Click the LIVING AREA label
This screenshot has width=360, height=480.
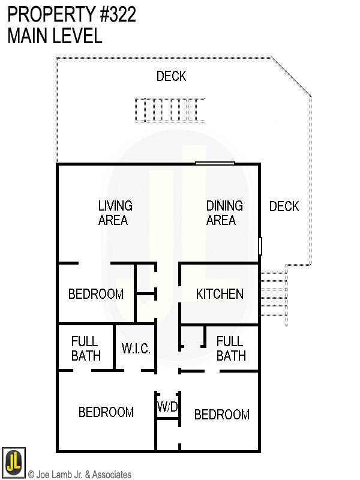[x=115, y=213]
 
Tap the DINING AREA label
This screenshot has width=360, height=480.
[x=224, y=213]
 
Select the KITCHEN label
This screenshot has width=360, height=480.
[x=220, y=294]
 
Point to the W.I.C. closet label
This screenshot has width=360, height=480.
[x=136, y=349]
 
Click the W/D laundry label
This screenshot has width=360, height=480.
[x=167, y=406]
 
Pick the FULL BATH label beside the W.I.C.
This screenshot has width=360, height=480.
[x=86, y=349]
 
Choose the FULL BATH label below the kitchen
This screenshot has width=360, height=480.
[x=230, y=349]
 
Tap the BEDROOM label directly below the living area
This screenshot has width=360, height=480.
[x=95, y=294]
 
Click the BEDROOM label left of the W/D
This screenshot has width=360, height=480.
[x=106, y=412]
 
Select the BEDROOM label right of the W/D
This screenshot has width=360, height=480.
[x=221, y=415]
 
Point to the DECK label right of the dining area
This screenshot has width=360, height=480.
[x=284, y=206]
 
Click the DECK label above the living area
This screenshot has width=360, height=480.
[x=171, y=76]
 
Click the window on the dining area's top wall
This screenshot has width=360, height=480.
[x=215, y=163]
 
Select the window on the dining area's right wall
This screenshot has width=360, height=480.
[x=260, y=245]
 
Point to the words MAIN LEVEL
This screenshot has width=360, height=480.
[x=55, y=36]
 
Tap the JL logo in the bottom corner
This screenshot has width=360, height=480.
[x=13, y=461]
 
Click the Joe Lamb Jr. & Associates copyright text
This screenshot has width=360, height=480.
[x=79, y=475]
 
